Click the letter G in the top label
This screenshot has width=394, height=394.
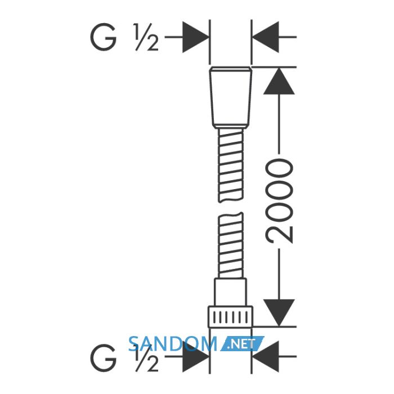[x=103, y=37]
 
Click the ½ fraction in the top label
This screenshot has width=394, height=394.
[x=146, y=37]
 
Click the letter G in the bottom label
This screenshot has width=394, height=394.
[x=103, y=358]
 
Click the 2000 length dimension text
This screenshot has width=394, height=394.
[x=279, y=201]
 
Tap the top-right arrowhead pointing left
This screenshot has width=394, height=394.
[x=265, y=37]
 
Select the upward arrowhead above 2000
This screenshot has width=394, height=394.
[x=279, y=81]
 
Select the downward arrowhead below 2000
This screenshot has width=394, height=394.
[x=279, y=313]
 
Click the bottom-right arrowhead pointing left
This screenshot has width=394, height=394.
[x=265, y=356]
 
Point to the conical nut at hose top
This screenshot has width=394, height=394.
[x=230, y=97]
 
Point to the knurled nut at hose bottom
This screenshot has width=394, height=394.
[x=230, y=317]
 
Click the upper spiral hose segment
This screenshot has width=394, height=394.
[x=231, y=165]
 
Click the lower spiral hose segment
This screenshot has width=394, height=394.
[x=231, y=245]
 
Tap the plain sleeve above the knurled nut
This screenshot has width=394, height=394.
[x=230, y=292]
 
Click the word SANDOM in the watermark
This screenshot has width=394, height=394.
[x=173, y=344]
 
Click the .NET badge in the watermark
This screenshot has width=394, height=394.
[x=242, y=344]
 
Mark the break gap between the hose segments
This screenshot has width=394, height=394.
[x=231, y=207]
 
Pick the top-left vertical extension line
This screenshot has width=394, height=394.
[x=209, y=42]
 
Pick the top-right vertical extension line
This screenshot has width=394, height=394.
[x=251, y=42]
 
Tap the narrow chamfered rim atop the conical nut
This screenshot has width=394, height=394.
[x=230, y=69]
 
